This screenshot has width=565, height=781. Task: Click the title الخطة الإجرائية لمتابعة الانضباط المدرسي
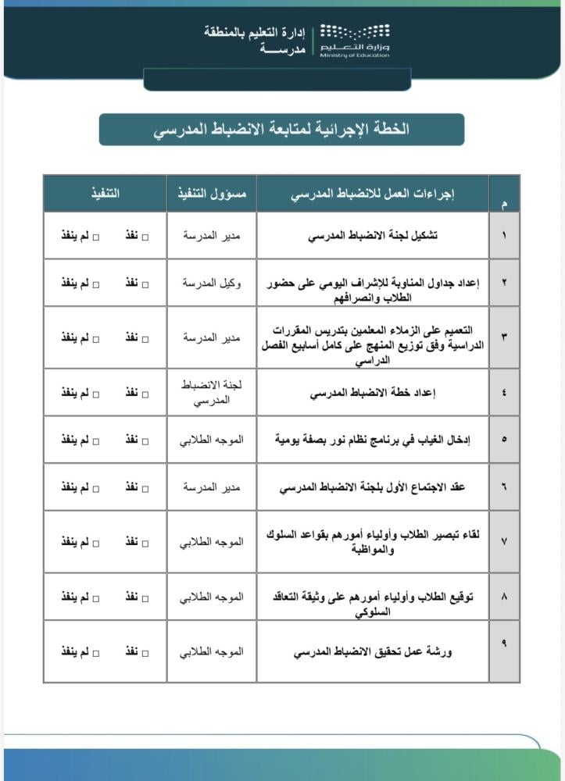coord(281,129)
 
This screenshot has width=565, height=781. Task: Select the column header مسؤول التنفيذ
coord(211,193)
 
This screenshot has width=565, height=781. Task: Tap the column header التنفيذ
coord(105,193)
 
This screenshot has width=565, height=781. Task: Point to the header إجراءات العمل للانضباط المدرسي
coord(374,193)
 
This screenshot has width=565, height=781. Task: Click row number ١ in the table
coord(504,235)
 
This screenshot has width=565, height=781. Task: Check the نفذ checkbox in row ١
coord(145,235)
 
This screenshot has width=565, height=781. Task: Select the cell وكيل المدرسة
coord(211,283)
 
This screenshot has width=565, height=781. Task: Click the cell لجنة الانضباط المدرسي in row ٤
coord(211,392)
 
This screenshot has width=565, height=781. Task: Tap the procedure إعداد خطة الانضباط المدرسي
coord(374,393)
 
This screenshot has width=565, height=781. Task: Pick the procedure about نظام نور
coord(374,440)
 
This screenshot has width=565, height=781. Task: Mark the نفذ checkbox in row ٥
coord(145,440)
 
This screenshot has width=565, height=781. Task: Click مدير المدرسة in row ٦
coord(211,487)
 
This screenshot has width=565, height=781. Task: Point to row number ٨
coord(504,597)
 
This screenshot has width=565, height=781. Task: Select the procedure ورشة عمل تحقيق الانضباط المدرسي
coord(374,651)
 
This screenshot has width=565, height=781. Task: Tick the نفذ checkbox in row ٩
coord(145,651)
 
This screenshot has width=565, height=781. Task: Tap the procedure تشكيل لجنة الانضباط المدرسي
coord(374,235)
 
